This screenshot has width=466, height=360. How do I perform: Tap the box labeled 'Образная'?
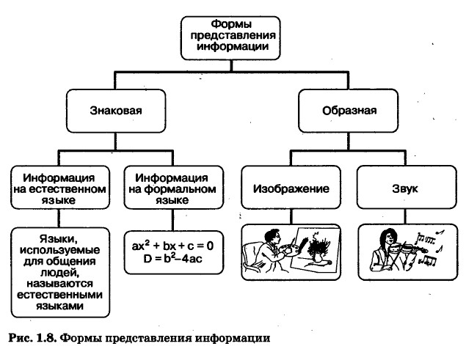[349, 111]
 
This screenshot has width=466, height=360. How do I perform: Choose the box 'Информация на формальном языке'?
[170, 188]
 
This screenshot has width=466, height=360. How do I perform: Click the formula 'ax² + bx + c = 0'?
[172, 245]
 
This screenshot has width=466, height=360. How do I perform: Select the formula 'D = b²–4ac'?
[172, 258]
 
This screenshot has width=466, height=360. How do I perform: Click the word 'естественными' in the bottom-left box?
[57, 293]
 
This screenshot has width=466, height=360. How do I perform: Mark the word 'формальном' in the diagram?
[170, 188]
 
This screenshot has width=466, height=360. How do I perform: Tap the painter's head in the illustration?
[272, 234]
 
